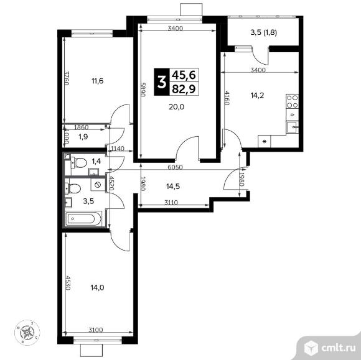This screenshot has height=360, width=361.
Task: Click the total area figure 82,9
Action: click(184, 88)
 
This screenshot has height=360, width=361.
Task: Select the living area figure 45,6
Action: click(184, 74)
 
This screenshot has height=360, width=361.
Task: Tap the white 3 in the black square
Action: click(163, 81)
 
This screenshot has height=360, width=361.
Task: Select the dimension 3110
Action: click(172, 202)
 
